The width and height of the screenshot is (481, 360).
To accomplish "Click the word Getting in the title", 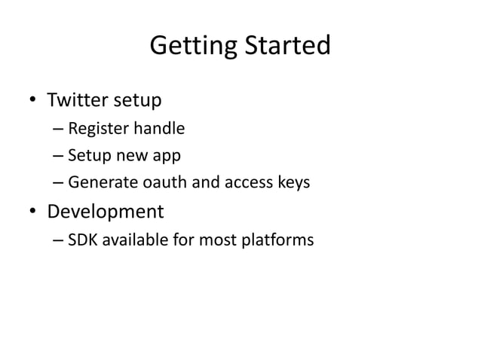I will click(x=192, y=46).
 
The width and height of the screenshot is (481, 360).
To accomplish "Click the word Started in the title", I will click(x=286, y=46).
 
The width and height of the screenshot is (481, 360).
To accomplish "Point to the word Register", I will click(x=98, y=129).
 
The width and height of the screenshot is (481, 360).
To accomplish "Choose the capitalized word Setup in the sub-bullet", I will click(x=87, y=156).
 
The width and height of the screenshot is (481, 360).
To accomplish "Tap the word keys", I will click(x=291, y=182).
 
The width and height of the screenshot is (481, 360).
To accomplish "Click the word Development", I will click(x=106, y=212).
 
